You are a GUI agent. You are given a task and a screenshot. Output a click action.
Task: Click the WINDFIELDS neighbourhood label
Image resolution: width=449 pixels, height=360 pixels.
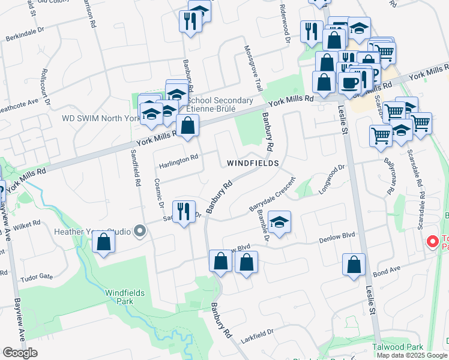pyautogui.click(x=252, y=163)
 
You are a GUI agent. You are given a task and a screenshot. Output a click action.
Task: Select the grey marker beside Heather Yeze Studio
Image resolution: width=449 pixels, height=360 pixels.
pyautogui.click(x=140, y=231)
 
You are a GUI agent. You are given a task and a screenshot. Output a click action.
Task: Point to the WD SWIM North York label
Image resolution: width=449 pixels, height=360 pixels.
pyautogui.click(x=100, y=118)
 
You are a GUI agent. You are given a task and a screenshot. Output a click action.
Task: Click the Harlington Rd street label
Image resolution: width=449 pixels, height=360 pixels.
pyautogui.click(x=178, y=158)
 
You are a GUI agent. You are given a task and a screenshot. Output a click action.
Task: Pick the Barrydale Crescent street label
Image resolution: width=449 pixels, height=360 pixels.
pyautogui.click(x=273, y=194)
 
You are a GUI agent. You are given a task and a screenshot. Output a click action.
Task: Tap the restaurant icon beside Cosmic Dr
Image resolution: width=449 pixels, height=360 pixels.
pyautogui.click(x=184, y=211)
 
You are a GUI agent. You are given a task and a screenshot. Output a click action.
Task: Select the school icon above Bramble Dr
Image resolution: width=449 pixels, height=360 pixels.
pyautogui.click(x=279, y=221)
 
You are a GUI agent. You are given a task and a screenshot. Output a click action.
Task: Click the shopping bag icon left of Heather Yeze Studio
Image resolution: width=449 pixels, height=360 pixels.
pyautogui.click(x=104, y=242)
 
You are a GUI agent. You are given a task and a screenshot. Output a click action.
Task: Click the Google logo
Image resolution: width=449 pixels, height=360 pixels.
pyautogui.click(x=20, y=352)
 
